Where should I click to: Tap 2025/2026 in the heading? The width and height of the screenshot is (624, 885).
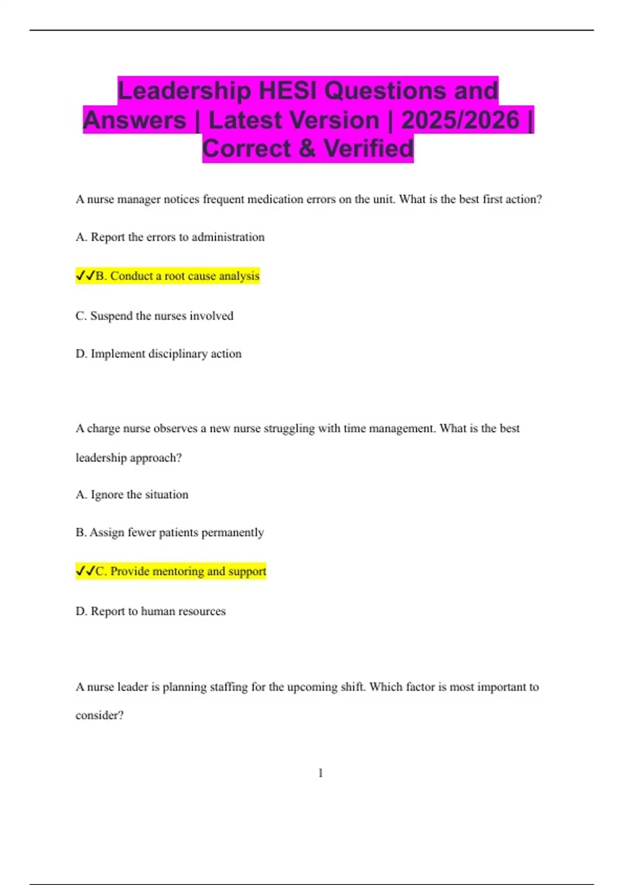click(460, 120)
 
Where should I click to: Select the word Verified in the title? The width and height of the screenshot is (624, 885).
click(369, 148)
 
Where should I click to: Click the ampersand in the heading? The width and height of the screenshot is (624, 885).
click(307, 148)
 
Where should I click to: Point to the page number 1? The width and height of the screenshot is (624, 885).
click(320, 773)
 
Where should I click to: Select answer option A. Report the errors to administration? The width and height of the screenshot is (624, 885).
click(170, 237)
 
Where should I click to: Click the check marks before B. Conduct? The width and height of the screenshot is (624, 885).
click(85, 275)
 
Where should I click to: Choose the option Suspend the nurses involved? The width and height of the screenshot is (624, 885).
click(154, 316)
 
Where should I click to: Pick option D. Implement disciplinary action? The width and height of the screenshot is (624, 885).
click(159, 354)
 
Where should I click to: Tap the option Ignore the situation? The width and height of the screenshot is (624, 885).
click(132, 495)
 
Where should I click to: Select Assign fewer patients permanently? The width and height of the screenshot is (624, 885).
click(170, 533)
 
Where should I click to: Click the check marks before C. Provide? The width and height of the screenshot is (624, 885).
click(85, 571)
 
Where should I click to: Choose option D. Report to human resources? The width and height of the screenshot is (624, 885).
click(151, 611)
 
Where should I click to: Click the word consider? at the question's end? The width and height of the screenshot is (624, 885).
click(99, 715)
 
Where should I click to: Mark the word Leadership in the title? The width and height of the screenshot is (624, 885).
click(185, 91)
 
